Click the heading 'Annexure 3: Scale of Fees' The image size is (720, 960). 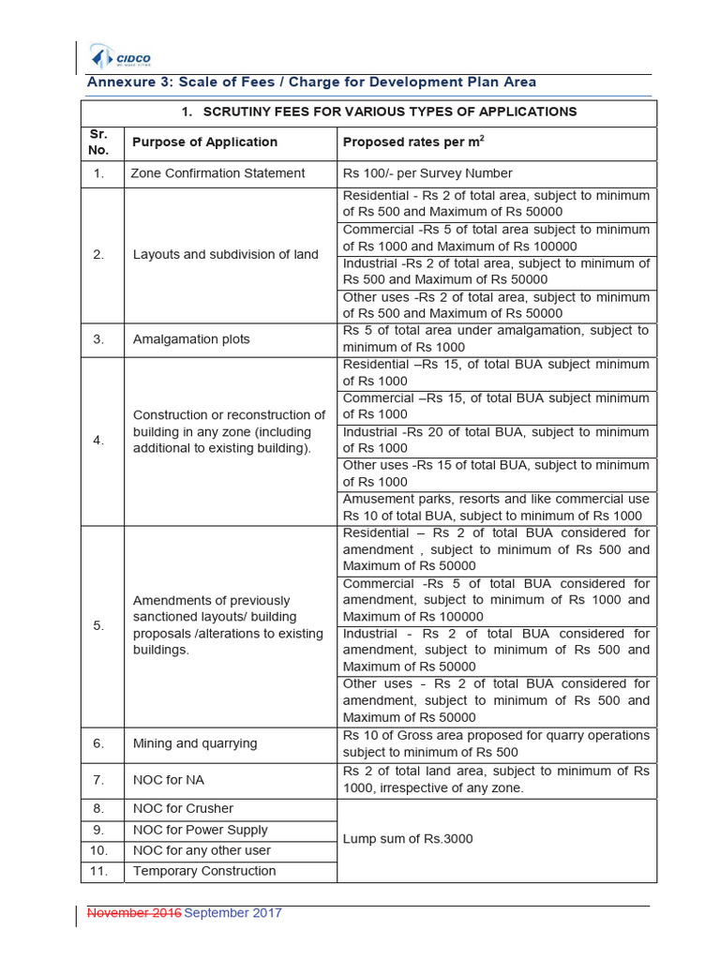tap(311, 82)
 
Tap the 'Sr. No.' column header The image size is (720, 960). tap(98, 142)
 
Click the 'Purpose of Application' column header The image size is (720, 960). tap(205, 142)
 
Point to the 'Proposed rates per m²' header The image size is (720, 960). tap(413, 142)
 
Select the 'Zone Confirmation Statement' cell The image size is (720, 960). tap(218, 173)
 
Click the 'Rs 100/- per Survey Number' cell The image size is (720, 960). tap(427, 173)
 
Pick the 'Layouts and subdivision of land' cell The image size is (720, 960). tap(225, 255)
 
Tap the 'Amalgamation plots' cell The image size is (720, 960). tap(191, 339)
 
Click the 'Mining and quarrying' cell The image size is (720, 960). tap(194, 743)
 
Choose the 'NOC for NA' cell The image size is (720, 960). tap(168, 780)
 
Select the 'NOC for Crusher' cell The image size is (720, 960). tap(183, 808)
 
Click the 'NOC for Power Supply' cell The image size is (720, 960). tap(200, 830)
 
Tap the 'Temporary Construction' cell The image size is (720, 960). tap(204, 871)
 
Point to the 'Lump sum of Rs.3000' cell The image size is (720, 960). tap(408, 839)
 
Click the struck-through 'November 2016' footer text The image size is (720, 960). tap(134, 913)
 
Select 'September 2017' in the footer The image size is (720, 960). tap(232, 913)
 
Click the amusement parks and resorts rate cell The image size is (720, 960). tap(496, 507)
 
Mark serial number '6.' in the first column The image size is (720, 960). tap(98, 743)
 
